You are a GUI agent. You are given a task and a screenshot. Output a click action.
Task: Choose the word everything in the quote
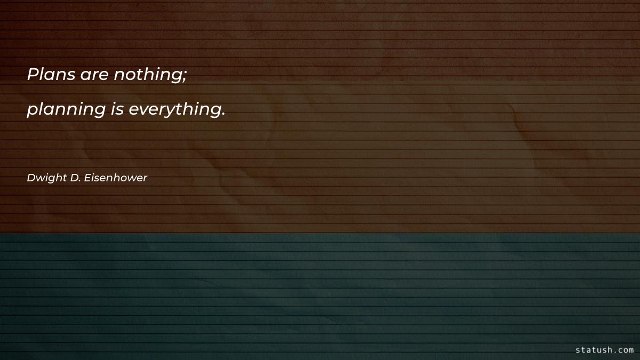[x=174, y=110]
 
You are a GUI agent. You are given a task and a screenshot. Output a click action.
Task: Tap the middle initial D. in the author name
[x=75, y=178]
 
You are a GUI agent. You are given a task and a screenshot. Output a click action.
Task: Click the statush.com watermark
[x=605, y=350]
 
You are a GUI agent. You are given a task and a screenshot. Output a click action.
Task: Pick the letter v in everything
[x=143, y=110]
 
